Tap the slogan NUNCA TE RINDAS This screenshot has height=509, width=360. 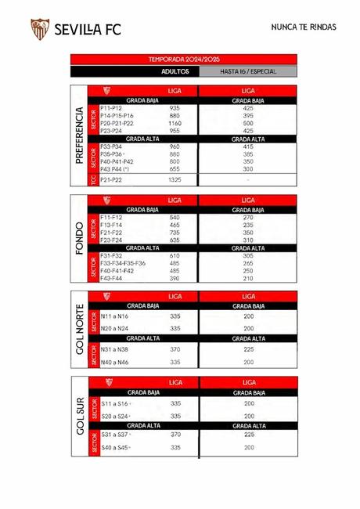click(x=303, y=27)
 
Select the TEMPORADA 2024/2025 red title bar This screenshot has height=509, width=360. click(x=184, y=59)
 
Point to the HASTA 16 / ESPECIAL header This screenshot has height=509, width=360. click(x=248, y=70)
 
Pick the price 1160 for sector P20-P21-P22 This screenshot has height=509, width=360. click(x=175, y=123)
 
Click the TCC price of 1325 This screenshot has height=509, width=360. click(x=175, y=179)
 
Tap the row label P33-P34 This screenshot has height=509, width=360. click(x=112, y=146)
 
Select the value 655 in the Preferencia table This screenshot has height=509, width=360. click(x=175, y=168)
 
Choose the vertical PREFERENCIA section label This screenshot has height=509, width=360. click(x=78, y=135)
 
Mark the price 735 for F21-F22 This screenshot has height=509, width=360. click(x=175, y=233)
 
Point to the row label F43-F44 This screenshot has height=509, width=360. click(x=112, y=278)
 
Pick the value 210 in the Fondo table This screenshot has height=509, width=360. click(x=248, y=278)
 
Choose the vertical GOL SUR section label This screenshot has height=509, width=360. click(x=78, y=417)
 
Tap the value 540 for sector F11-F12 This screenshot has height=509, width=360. click(x=175, y=217)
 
